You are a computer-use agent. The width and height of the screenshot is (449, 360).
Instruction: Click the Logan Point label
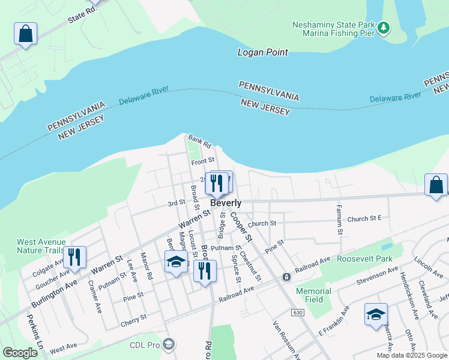point(263,53)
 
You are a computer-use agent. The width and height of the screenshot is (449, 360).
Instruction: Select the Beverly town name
point(226,203)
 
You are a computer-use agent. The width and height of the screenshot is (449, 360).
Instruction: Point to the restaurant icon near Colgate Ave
point(74,257)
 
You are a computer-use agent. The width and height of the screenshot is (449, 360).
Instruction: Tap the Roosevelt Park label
point(364,259)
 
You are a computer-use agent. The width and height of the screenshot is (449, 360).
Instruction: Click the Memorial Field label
point(313,295)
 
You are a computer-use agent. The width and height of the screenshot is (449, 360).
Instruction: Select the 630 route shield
point(298,313)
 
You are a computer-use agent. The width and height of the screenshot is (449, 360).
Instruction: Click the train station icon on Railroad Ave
point(287,277)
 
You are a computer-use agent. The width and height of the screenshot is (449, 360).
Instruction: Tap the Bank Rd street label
point(200,142)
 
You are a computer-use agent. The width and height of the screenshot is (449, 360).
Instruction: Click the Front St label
point(203,161)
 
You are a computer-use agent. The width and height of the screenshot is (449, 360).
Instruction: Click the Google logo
point(20,353)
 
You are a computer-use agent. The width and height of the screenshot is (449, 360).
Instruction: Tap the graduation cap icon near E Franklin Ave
point(376,314)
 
